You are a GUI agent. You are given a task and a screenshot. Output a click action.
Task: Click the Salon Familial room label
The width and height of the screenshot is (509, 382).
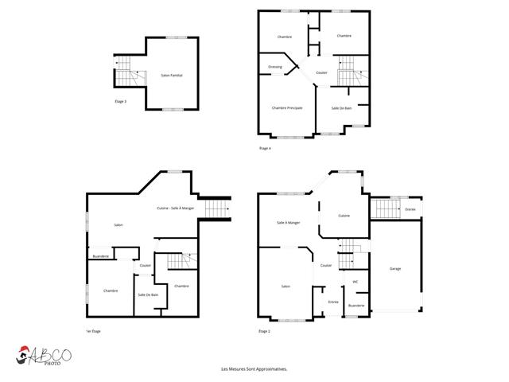point(172,75)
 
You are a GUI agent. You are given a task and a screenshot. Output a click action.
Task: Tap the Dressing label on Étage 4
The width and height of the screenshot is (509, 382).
point(275,67)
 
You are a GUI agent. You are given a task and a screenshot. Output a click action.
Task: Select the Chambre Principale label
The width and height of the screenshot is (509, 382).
point(286,108)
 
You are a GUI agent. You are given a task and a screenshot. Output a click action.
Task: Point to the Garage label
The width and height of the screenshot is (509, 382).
point(395,269)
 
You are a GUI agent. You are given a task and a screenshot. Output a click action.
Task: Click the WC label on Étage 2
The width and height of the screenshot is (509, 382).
point(356,282)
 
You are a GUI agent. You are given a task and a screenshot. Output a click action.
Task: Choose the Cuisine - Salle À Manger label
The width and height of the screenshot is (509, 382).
point(176,208)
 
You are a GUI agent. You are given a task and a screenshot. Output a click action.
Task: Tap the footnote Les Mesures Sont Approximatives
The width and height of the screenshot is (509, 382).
point(254,369)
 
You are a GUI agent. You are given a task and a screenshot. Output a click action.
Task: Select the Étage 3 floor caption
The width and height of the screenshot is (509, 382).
point(120,101)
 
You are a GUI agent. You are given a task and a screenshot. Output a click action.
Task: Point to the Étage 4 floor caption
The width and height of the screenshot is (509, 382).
point(265,149)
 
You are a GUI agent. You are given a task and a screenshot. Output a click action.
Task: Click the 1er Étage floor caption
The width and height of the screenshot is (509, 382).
point(94,330)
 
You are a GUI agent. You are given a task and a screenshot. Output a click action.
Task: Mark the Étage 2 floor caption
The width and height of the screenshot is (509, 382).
point(264,330)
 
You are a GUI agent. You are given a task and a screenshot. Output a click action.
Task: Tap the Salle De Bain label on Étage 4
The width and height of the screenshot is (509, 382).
point(342,108)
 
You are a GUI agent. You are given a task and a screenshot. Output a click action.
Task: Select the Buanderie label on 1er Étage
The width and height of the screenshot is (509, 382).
point(101,256)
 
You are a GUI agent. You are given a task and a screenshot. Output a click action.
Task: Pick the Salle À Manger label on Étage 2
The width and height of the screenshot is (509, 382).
point(288,222)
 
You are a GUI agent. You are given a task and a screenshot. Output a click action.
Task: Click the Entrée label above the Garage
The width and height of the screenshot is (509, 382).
point(410,209)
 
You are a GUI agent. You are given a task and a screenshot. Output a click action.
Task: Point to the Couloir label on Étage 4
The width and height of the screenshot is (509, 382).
point(321,72)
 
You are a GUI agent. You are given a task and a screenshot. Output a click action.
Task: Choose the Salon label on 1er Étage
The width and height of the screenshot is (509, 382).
point(119,225)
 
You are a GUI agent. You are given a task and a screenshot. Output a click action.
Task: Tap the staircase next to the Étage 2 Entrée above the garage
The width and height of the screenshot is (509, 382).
point(387,209)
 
